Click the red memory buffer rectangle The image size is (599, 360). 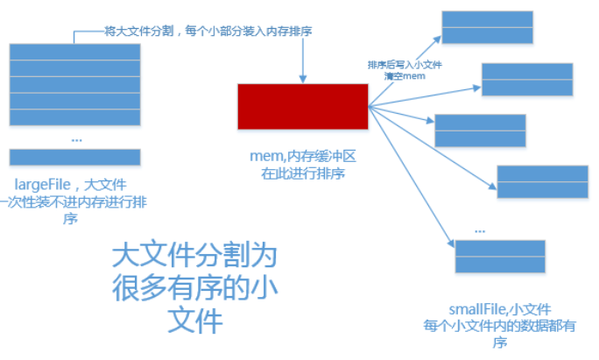pos(302,106)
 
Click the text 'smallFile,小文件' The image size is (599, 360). pos(500,309)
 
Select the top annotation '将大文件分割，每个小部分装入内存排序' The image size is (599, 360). pos(209,32)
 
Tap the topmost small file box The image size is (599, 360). pos(486,26)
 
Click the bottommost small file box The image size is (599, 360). pos(500,256)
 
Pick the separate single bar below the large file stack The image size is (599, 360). pos(74,157)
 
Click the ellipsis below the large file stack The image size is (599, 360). pos(75,138)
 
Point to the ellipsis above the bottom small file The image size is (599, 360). pos(479,229)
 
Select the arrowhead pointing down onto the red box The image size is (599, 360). pos(302,79)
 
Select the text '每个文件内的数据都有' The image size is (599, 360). pos(500,326)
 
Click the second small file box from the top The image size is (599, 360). pos(526,79)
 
